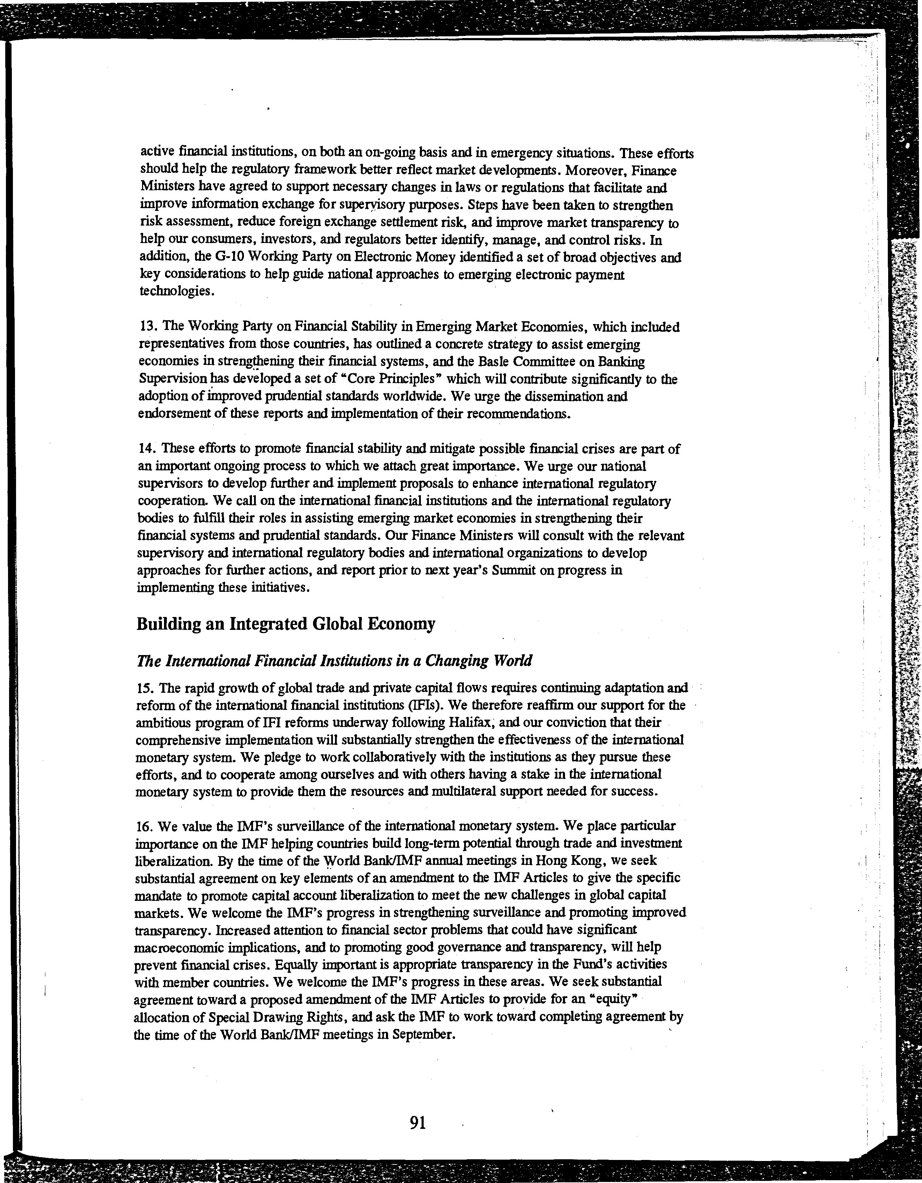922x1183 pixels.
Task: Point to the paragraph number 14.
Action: [x=148, y=449]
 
